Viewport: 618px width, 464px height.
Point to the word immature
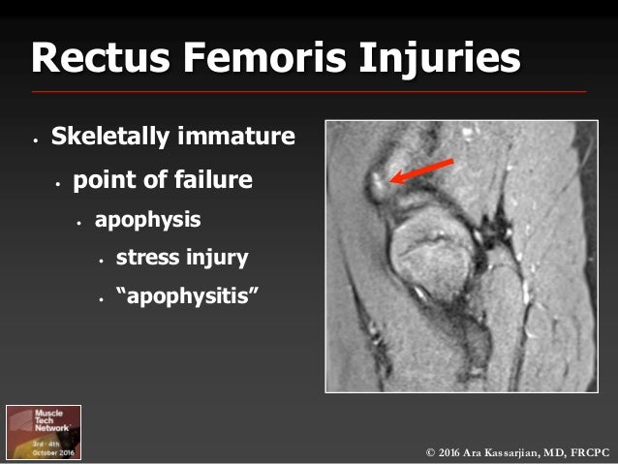click(236, 137)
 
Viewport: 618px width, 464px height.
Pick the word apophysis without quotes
click(147, 220)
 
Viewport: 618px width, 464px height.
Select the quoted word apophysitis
click(188, 297)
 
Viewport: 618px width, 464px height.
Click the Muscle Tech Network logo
click(45, 430)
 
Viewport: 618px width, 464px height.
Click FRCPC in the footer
click(592, 450)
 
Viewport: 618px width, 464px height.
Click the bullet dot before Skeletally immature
click(35, 139)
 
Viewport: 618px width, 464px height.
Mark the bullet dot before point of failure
click(57, 183)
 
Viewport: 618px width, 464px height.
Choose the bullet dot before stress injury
click(100, 261)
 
